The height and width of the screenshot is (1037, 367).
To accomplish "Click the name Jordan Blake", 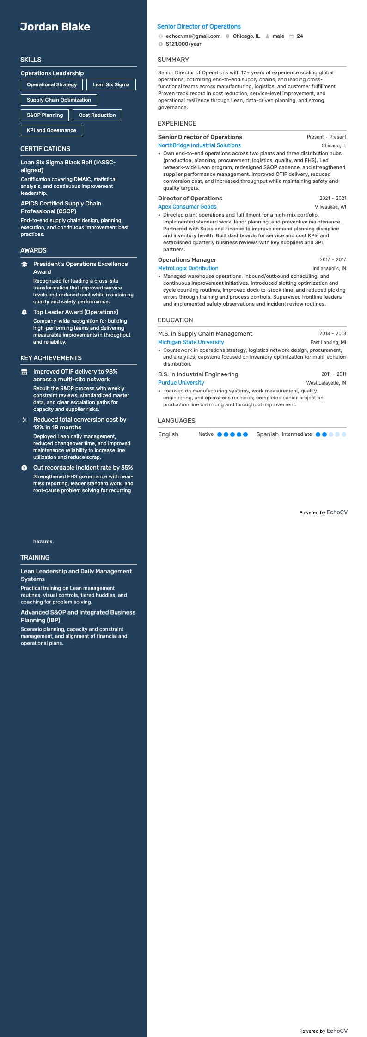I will click(55, 27).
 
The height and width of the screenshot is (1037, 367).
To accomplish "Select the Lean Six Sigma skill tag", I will click(111, 84).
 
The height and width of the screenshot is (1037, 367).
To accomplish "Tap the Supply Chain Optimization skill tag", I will click(59, 100).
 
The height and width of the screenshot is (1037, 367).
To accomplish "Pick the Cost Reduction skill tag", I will click(97, 115).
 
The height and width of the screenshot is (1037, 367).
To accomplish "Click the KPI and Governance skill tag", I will click(51, 130).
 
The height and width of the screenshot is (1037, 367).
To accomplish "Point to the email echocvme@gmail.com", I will click(193, 36).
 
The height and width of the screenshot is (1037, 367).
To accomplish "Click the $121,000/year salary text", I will click(183, 44).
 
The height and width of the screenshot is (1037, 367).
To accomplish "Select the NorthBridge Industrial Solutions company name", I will click(199, 145).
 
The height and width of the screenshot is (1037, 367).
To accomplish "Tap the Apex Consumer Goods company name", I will click(187, 207).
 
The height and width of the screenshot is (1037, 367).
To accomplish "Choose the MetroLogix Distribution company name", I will click(188, 268).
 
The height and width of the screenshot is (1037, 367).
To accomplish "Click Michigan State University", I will click(191, 342).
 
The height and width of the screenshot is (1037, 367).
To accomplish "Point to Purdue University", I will click(181, 383).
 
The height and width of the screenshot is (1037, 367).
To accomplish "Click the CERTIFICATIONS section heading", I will click(45, 149).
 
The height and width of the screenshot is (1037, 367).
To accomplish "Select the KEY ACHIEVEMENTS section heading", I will click(51, 358).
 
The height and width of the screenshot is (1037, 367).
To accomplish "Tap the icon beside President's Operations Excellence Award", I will click(24, 265).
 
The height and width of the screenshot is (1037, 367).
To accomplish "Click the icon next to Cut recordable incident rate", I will click(24, 468).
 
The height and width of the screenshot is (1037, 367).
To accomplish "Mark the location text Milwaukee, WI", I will click(330, 207).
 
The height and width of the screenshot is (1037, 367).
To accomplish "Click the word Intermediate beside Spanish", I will click(297, 434).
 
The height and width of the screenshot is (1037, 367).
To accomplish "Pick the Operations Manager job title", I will click(187, 260).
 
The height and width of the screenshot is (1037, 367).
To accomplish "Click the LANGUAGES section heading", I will click(177, 421).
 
